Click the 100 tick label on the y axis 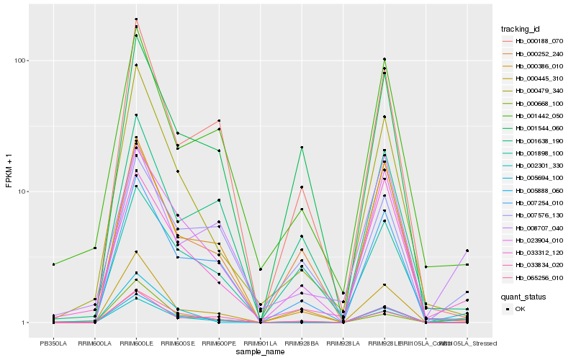[20, 60]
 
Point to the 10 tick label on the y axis [22, 192]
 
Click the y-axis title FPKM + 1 [9, 171]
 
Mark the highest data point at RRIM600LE [136, 19]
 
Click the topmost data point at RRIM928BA [302, 148]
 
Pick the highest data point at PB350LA [53, 265]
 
